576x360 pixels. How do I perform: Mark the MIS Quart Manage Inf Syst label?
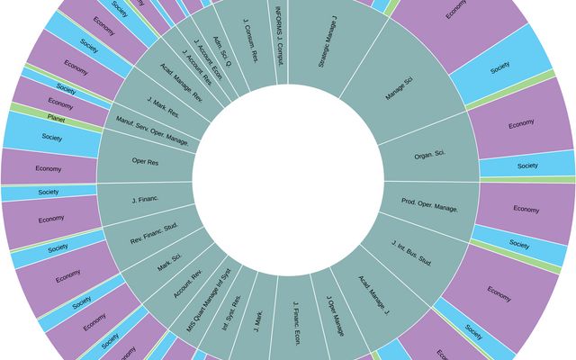pyautogui.click(x=209, y=301)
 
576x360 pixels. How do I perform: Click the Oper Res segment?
pyautogui.click(x=145, y=163)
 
